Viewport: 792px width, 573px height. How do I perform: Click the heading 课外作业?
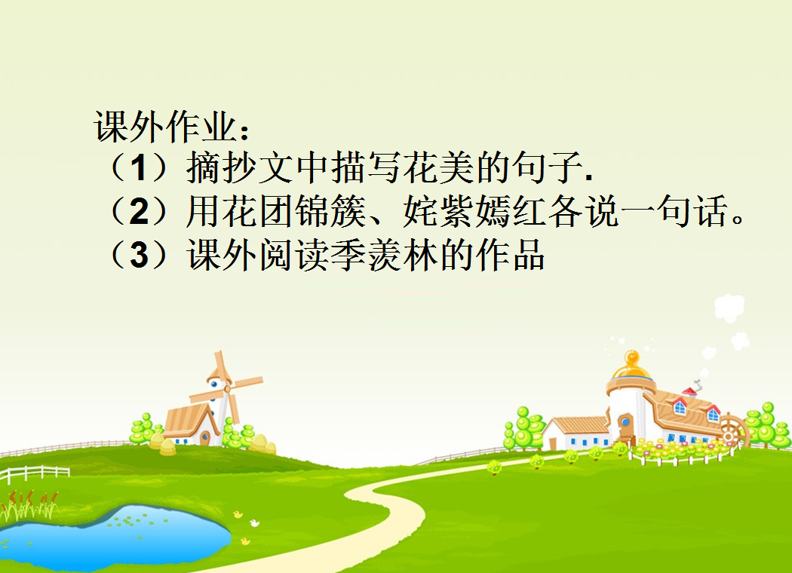pyautogui.click(x=164, y=126)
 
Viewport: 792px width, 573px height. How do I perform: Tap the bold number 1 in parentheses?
pyautogui.click(x=138, y=168)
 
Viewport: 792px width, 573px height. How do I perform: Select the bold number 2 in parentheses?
pyautogui.click(x=139, y=211)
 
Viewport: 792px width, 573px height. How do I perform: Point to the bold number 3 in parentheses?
pyautogui.click(x=139, y=254)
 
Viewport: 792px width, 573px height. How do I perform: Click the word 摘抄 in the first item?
pyautogui.click(x=222, y=167)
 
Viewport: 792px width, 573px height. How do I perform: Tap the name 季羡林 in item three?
pyautogui.click(x=385, y=254)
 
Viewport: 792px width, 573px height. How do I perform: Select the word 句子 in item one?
pyautogui.click(x=546, y=167)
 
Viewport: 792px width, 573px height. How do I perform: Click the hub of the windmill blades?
pyautogui.click(x=227, y=388)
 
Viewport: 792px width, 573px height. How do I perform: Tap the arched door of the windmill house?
pyautogui.click(x=204, y=438)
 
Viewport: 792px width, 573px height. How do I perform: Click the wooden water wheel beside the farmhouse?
pyautogui.click(x=732, y=432)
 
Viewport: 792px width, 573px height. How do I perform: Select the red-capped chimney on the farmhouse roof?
pyautogui.click(x=690, y=392)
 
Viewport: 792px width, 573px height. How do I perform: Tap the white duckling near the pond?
pyautogui.click(x=254, y=523)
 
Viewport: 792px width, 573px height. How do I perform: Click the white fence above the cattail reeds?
pyautogui.click(x=35, y=473)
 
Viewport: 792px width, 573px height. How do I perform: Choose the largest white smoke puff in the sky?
pyautogui.click(x=729, y=308)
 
